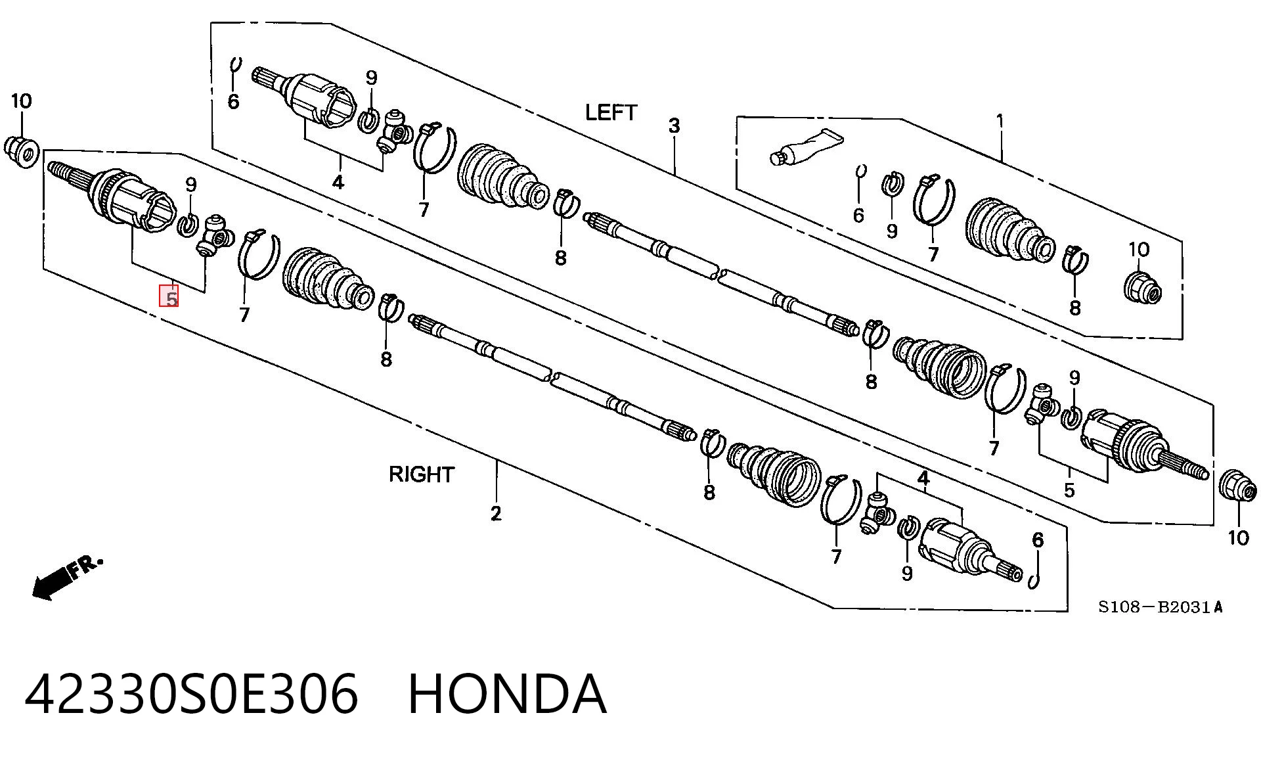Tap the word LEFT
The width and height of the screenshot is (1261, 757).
point(611,112)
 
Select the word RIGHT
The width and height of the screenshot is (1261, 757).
point(421,474)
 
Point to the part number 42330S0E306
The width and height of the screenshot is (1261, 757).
point(192,693)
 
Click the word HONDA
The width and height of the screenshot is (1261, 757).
point(506,693)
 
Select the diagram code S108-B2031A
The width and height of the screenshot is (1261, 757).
point(1161,607)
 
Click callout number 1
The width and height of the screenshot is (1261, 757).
point(1000,122)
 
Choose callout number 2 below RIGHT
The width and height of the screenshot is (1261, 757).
point(496,513)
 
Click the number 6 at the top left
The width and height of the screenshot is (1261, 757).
point(233,102)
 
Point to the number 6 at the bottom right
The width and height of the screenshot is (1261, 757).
point(1037,540)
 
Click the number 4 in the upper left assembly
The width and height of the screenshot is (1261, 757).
point(338,182)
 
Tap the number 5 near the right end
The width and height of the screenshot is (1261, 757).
point(1069,490)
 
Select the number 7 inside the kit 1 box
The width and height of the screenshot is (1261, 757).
point(933,254)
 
